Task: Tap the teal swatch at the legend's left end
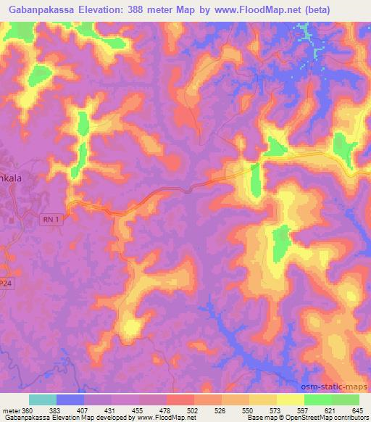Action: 42,400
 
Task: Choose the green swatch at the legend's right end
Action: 346,400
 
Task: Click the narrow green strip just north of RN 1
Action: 255,180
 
